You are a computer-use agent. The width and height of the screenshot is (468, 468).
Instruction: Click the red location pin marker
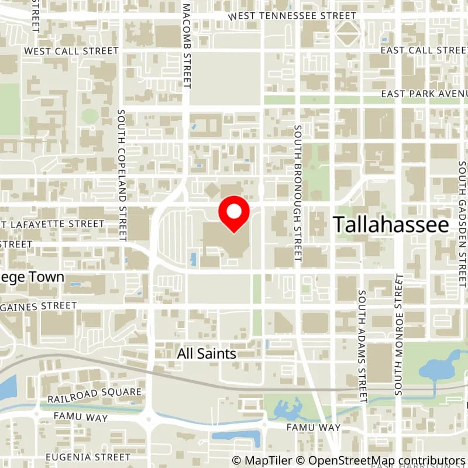coord(233,214)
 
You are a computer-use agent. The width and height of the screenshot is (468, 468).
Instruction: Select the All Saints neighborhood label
coord(207,354)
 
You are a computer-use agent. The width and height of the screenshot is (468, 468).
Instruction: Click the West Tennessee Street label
coord(292,16)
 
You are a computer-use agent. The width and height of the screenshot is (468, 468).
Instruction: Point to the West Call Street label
coord(71,51)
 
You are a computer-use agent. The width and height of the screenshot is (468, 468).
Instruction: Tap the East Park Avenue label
coord(424,94)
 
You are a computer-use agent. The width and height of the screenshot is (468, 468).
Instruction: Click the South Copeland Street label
coord(122,175)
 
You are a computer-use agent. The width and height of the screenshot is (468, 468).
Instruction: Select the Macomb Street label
coord(187,46)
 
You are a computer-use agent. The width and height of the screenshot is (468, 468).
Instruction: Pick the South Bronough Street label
coord(297,192)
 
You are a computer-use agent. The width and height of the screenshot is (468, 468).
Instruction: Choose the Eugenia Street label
coord(88,456)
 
